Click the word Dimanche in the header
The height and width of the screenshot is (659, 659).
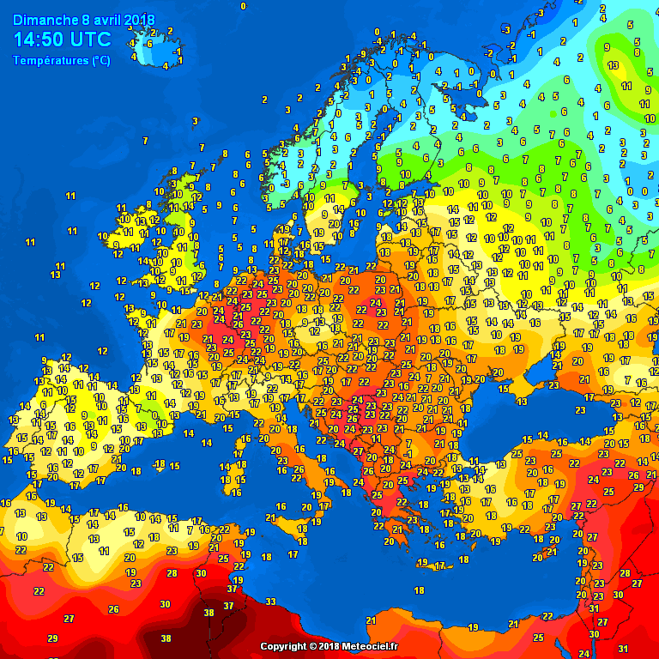[42, 19]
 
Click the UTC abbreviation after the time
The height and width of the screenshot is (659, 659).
[91, 39]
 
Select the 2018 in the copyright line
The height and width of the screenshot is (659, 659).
[329, 646]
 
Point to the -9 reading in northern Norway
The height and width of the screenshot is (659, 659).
[362, 53]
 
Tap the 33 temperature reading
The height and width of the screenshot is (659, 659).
[270, 602]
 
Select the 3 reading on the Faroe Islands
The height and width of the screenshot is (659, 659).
[195, 121]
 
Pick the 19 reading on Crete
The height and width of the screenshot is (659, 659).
[422, 562]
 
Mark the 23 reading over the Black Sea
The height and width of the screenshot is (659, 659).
[554, 386]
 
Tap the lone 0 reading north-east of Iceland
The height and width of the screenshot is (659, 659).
[243, 6]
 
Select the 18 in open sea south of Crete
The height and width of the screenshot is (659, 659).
[419, 590]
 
